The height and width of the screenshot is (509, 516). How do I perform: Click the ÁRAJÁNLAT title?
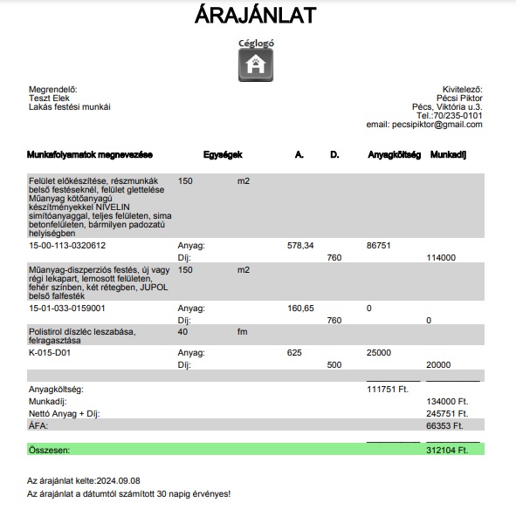tap(256, 15)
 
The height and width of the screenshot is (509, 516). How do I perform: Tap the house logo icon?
tap(256, 64)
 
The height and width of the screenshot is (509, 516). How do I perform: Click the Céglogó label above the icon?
tap(256, 42)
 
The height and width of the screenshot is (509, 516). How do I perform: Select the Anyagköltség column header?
tap(395, 155)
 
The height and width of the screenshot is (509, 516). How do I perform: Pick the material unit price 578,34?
tap(300, 246)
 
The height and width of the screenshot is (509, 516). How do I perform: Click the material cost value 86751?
tap(380, 246)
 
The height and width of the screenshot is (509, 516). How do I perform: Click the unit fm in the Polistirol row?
tap(243, 332)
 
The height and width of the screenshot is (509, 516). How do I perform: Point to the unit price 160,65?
tap(300, 308)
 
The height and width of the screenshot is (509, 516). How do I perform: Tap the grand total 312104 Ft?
tap(447, 450)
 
